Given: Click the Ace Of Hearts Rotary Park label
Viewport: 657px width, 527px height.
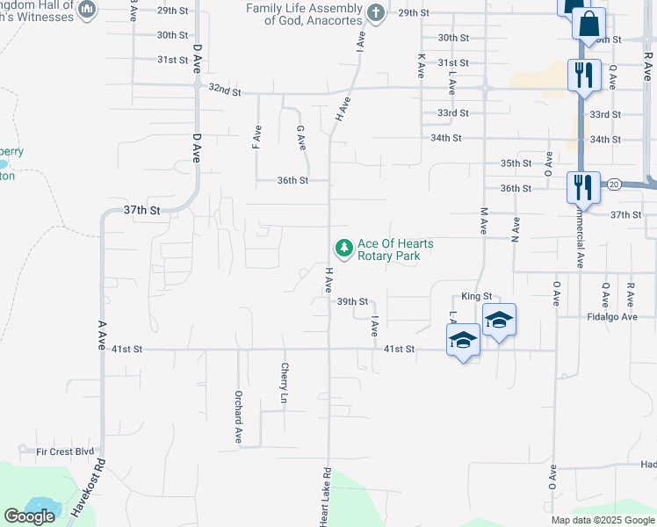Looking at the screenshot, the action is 394,249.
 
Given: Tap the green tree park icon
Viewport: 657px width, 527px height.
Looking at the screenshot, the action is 343,249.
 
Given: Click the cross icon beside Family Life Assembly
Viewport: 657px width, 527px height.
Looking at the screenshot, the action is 376,12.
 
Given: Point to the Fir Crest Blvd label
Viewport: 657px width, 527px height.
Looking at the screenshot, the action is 65,451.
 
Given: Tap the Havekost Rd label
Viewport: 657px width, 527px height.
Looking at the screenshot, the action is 87,492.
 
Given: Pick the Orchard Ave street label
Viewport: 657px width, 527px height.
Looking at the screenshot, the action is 238,416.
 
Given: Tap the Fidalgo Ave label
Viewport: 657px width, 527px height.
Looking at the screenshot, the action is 612,316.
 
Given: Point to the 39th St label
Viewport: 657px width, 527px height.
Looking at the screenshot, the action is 351,301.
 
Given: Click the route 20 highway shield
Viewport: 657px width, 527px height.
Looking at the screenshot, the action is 613,184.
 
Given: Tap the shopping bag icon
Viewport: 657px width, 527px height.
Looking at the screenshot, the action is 589,22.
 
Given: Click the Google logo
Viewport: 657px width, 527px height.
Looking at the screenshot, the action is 29,516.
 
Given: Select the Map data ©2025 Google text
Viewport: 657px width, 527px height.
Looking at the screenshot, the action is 601,520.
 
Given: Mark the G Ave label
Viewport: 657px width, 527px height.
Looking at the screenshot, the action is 300,136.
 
